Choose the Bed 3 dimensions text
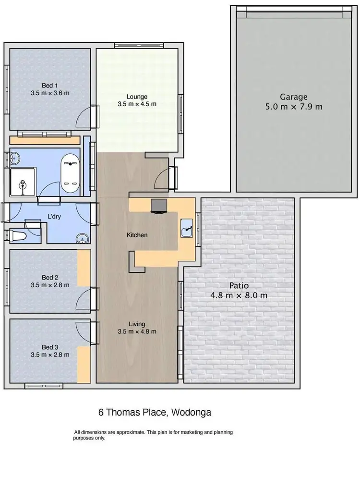point(49,355)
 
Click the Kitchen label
point(137,235)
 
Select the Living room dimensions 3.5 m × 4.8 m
point(137,331)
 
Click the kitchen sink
point(187,230)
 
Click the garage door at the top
point(294,11)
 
